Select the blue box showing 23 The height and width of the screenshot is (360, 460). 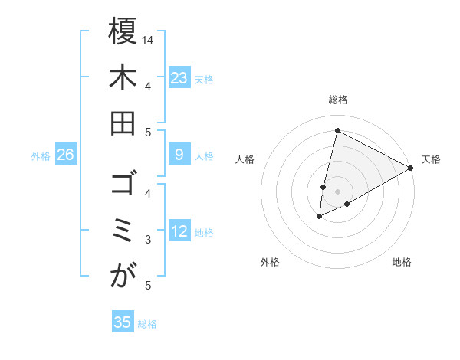tap(179, 78)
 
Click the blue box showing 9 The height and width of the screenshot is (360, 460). tap(179, 155)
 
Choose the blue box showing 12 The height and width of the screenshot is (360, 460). tap(179, 232)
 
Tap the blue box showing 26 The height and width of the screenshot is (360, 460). tap(65, 155)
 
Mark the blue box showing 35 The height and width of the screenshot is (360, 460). tap(123, 322)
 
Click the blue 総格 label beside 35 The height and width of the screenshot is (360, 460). tap(147, 324)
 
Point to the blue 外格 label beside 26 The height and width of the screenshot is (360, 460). tap(41, 156)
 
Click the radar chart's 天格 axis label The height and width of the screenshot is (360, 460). tap(431, 159)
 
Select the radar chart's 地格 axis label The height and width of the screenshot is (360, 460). tap(402, 262)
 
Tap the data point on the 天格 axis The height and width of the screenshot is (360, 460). tap(411, 168)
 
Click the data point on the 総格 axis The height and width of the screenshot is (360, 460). tap(337, 130)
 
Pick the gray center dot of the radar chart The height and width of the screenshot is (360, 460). tap(337, 191)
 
